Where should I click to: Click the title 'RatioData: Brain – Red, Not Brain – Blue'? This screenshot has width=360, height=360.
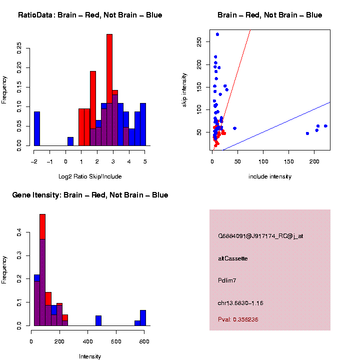tap(90, 15)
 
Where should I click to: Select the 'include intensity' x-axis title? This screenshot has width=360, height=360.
tap(270, 176)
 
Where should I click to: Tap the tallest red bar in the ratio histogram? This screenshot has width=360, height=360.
tap(109, 90)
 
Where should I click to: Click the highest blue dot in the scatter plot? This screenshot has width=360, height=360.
tap(217, 34)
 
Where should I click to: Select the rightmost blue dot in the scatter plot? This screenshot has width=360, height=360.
tap(325, 126)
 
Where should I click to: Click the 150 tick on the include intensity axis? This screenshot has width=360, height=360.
tap(289, 161)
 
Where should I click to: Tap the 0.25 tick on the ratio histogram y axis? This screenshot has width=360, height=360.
tap(19, 47)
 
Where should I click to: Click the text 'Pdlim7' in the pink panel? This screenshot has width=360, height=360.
tap(227, 280)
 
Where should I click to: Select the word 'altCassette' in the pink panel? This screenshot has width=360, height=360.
tap(232, 258)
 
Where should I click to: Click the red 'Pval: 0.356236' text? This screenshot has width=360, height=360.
tap(238, 319)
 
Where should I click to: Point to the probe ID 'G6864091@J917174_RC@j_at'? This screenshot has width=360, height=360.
tap(260, 236)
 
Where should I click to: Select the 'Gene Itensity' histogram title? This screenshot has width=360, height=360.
tap(90, 195)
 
